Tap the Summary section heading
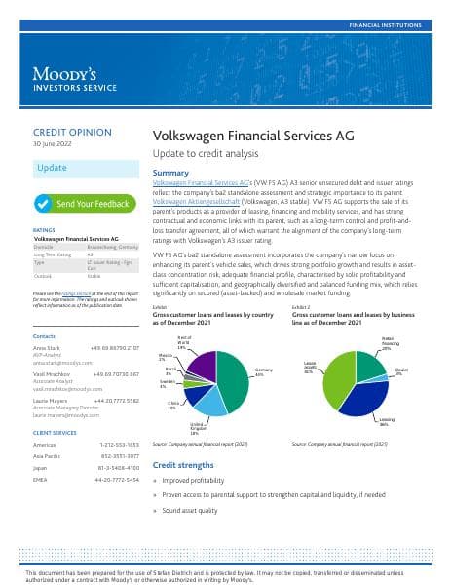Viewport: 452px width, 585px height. (x=170, y=173)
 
